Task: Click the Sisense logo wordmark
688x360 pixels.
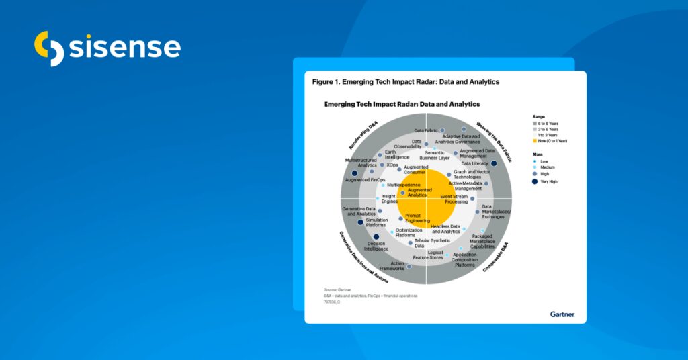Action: click(125, 47)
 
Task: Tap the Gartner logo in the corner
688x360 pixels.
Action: click(562, 314)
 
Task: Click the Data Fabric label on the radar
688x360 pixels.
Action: click(426, 130)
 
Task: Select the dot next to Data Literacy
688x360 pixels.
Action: click(494, 163)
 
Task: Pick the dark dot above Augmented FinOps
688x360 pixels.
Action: click(355, 173)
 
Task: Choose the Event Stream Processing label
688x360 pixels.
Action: click(454, 199)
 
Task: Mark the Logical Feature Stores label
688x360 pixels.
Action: click(428, 255)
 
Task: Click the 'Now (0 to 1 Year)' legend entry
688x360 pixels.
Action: click(554, 141)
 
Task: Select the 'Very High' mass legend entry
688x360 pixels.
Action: click(547, 181)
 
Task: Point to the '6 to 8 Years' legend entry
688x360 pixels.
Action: click(548, 123)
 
